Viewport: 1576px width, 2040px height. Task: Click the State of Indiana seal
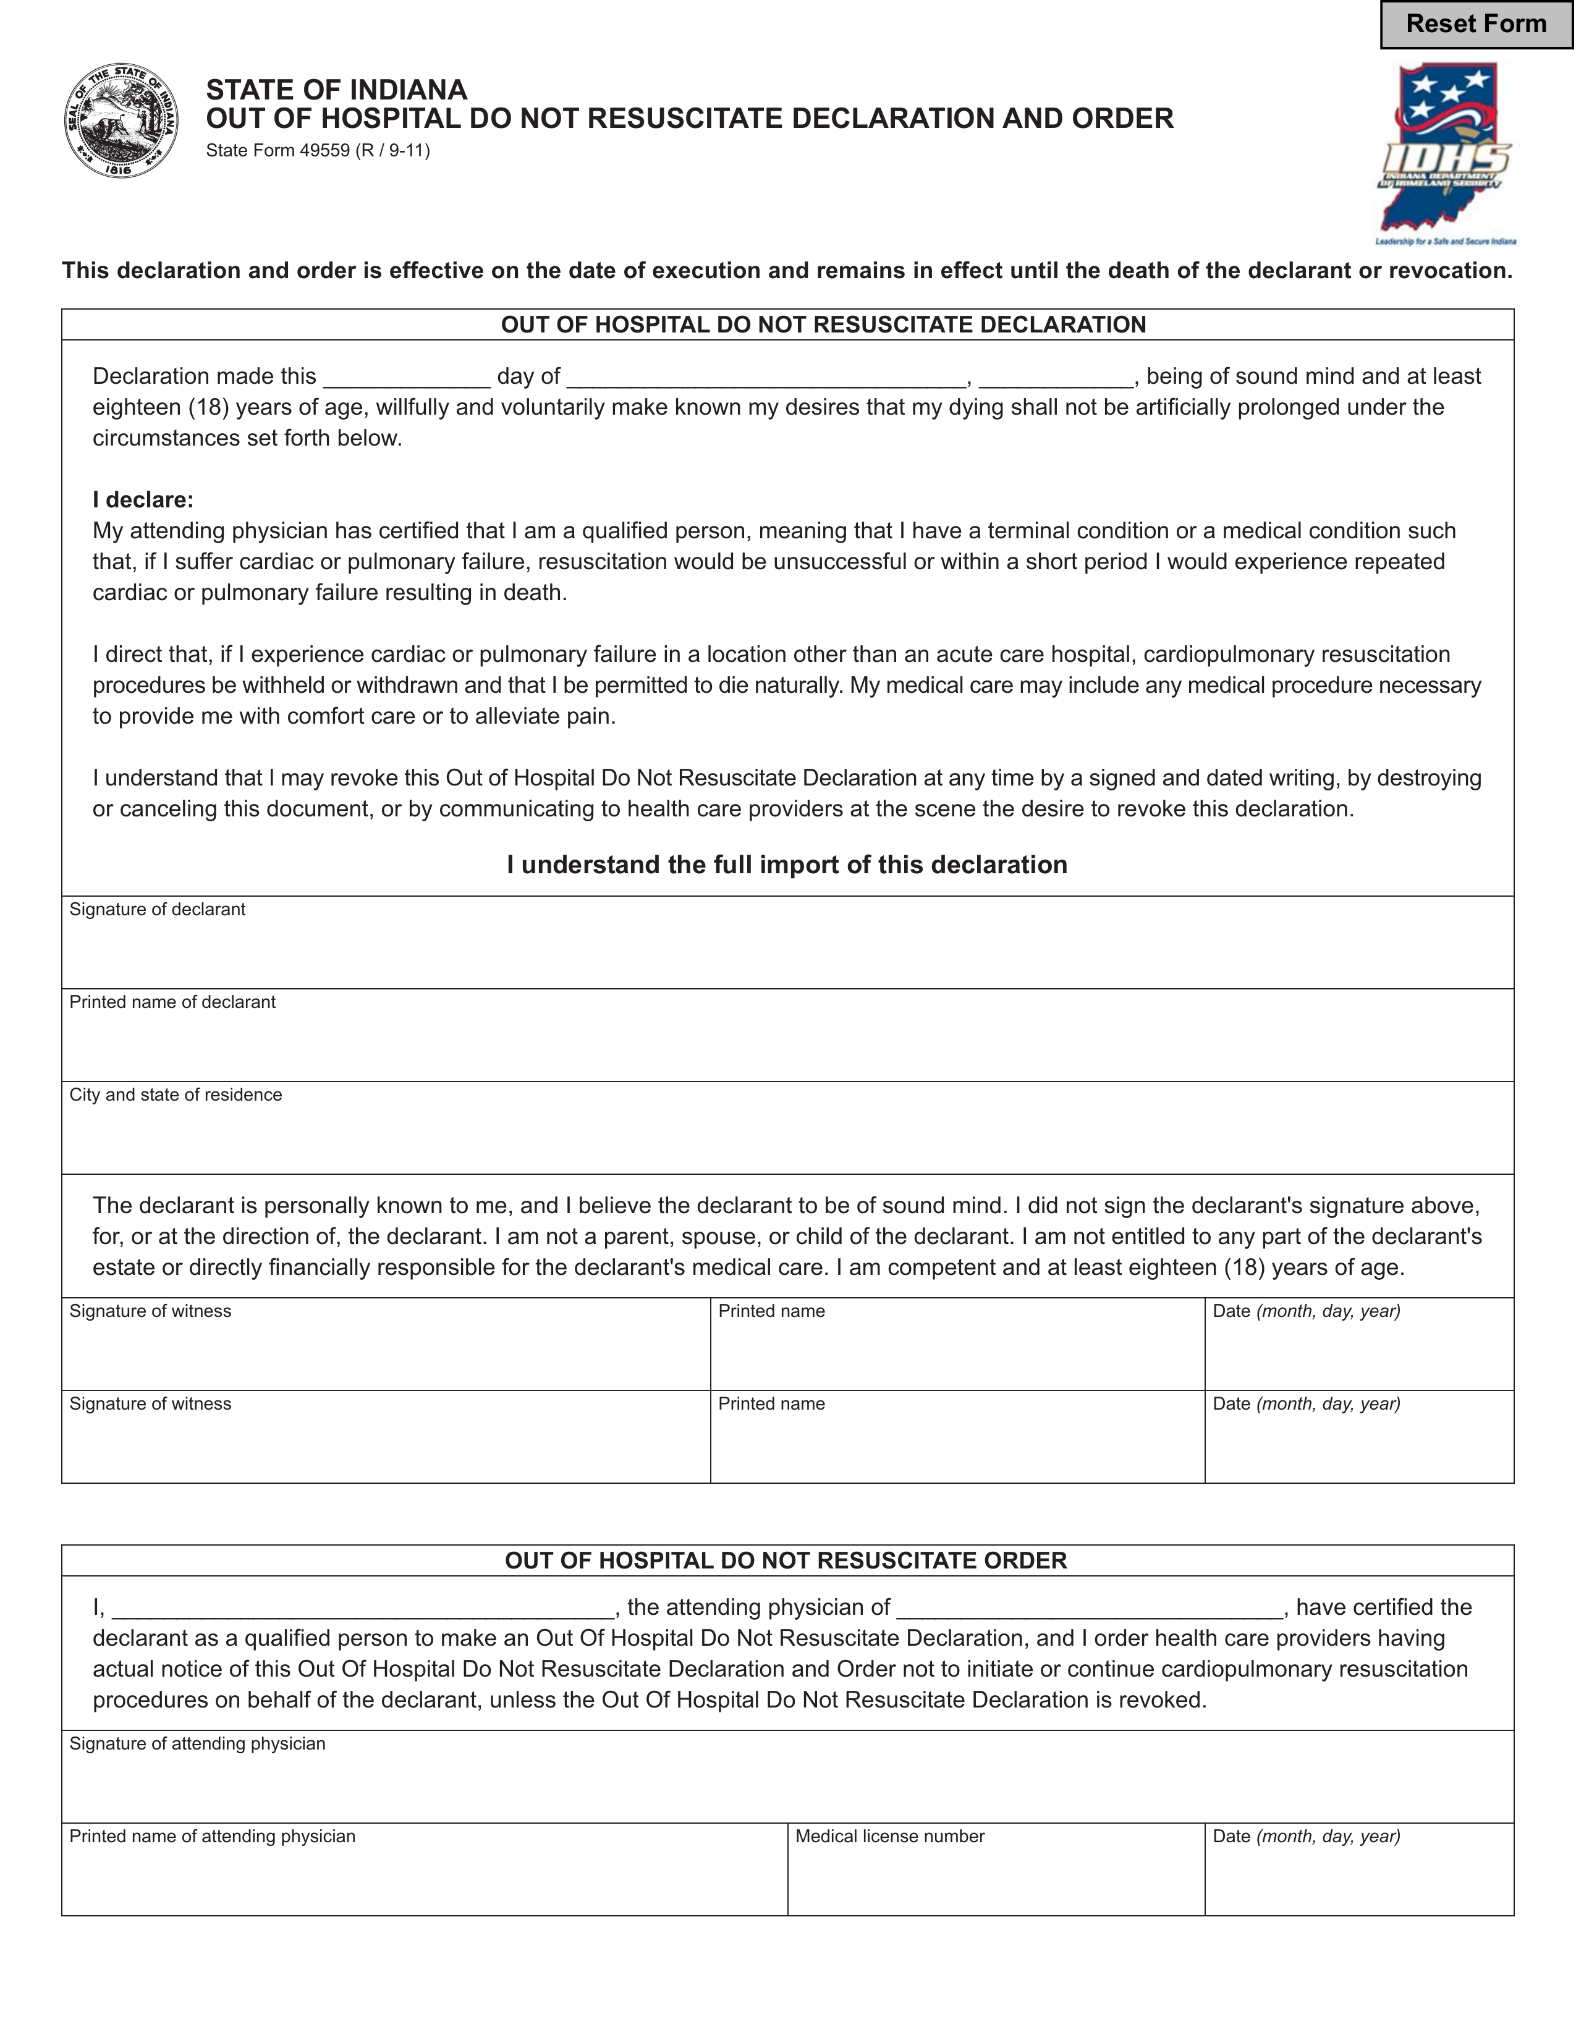point(122,121)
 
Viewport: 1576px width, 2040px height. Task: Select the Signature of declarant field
point(787,950)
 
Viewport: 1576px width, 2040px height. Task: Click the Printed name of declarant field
point(787,1043)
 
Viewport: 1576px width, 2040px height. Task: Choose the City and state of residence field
point(787,1135)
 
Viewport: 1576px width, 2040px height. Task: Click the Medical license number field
point(995,1876)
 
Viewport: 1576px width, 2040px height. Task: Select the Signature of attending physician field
point(787,1784)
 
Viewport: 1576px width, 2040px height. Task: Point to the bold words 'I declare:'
point(143,500)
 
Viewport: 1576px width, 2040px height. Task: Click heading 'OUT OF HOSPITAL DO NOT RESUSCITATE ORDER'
point(786,1561)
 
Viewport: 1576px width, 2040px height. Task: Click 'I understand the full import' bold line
point(787,865)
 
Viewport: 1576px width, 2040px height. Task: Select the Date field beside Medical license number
point(1358,1876)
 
